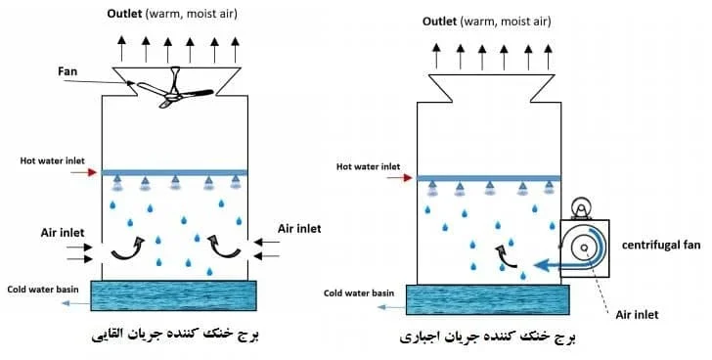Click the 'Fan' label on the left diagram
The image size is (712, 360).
tap(67, 71)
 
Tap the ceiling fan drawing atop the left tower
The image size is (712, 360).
tap(175, 90)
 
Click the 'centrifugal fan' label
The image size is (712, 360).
tap(661, 246)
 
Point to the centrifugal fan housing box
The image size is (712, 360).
tap(585, 248)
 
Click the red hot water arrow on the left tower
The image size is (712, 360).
tap(90, 172)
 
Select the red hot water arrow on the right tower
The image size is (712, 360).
tap(400, 178)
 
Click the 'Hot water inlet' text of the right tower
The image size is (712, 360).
tap(369, 166)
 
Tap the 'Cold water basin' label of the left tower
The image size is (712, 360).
tap(43, 290)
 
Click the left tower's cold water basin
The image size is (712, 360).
tap(173, 295)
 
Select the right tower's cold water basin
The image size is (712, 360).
tap(487, 299)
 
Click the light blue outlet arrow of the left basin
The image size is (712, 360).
tap(75, 303)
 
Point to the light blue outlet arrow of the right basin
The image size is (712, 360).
tap(391, 307)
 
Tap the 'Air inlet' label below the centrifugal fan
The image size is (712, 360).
tap(637, 315)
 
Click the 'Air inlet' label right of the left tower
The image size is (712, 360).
tap(299, 228)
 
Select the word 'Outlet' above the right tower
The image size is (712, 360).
tap(439, 22)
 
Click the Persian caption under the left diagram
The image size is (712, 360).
tap(175, 335)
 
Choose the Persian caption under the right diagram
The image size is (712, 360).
tap(487, 337)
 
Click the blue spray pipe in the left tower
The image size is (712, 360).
tap(175, 172)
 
